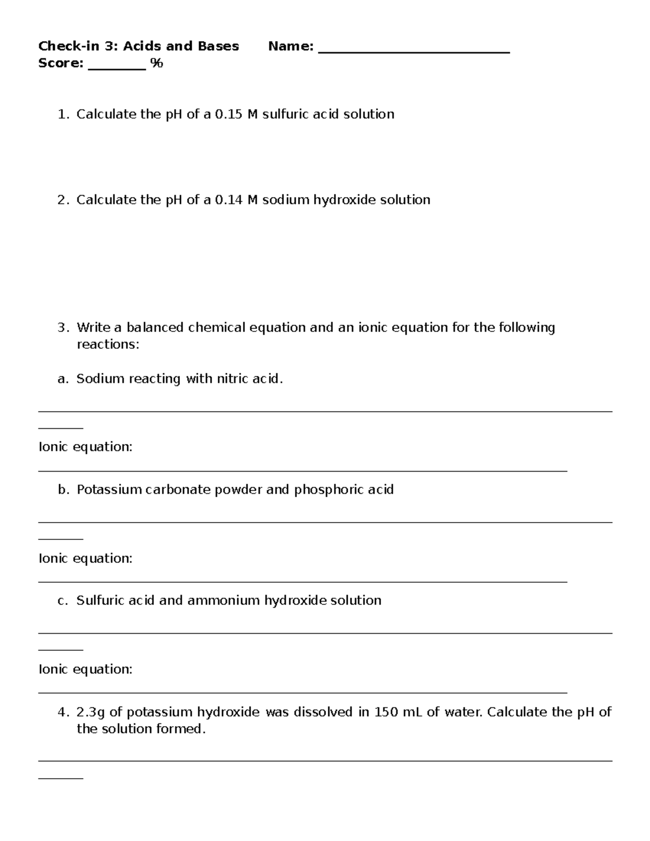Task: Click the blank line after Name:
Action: point(414,51)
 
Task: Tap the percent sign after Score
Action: point(157,63)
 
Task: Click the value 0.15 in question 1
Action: point(229,114)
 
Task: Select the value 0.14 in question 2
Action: point(229,200)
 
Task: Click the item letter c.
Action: point(62,601)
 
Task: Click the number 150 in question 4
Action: point(386,712)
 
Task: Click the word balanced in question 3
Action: point(155,328)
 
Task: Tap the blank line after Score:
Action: point(116,68)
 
